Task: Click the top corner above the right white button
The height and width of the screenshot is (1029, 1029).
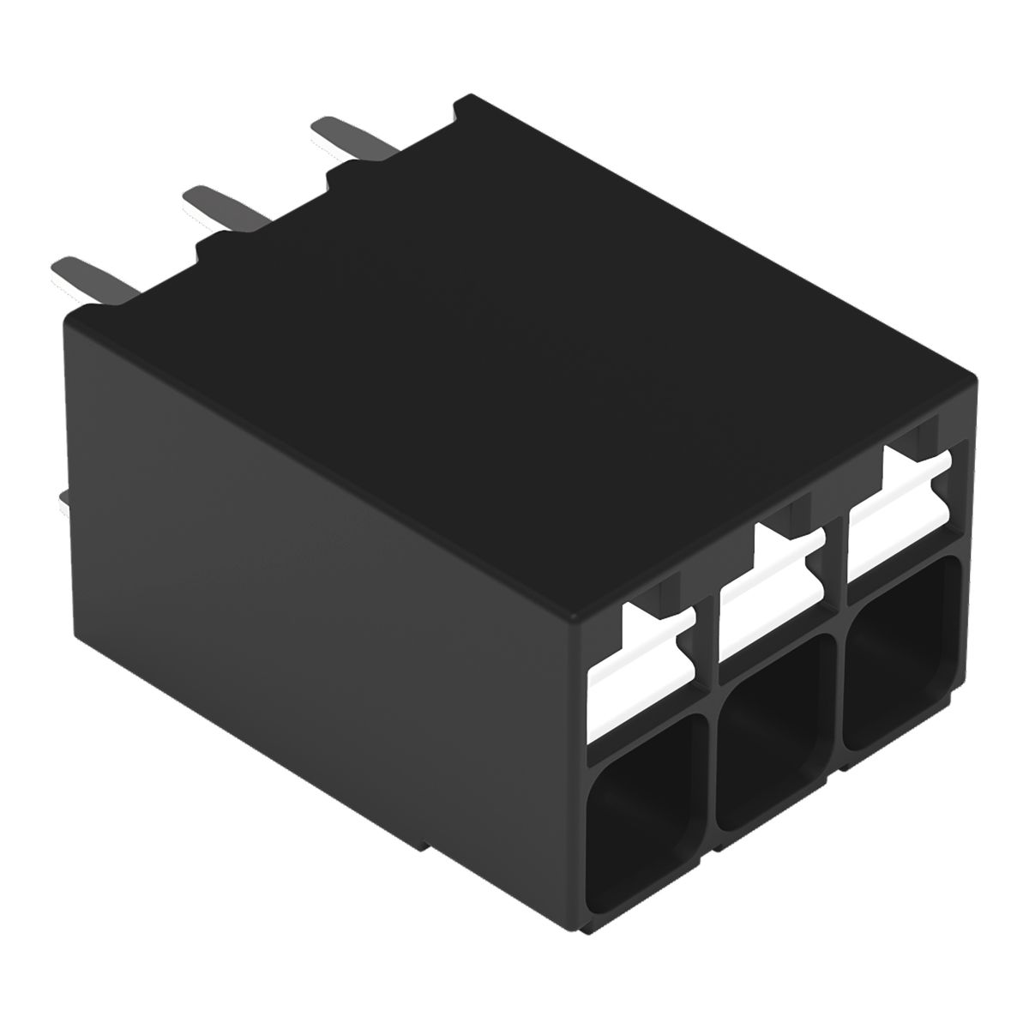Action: click(x=974, y=377)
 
